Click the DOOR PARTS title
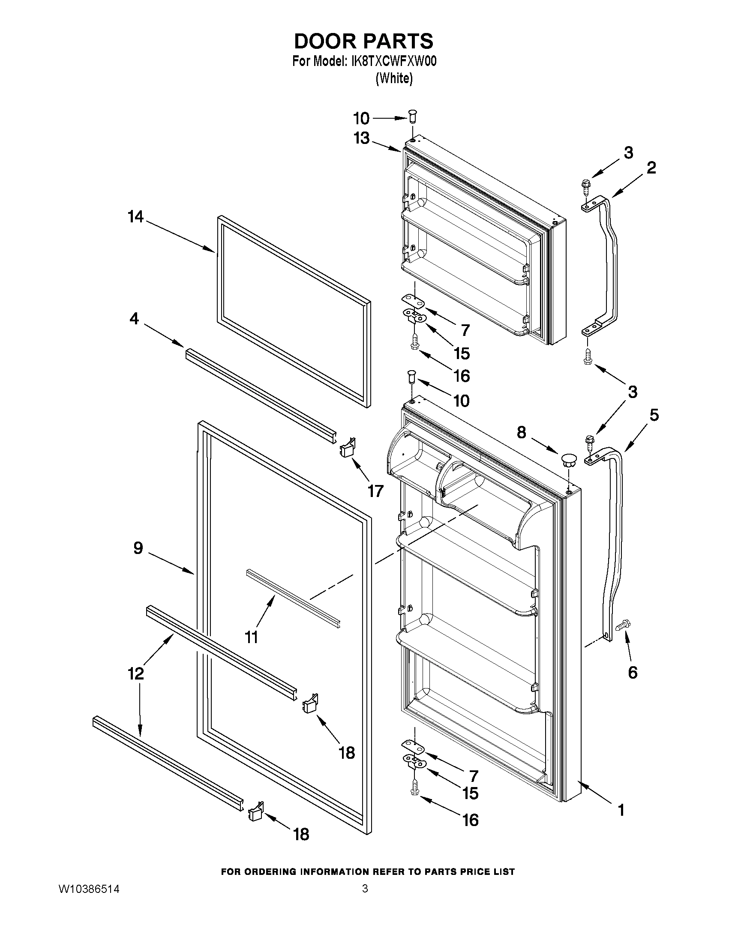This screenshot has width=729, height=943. (363, 41)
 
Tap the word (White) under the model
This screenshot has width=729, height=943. (394, 78)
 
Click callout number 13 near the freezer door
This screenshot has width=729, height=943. (361, 138)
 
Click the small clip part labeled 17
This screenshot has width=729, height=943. (347, 447)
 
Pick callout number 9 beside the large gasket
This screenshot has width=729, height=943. (138, 548)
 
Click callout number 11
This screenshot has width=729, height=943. (251, 636)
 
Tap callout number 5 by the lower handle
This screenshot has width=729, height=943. (654, 415)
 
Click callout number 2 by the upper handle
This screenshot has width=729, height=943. (651, 168)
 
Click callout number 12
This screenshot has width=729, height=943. (136, 673)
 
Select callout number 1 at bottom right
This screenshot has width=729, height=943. (621, 810)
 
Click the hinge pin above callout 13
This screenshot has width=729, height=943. (412, 116)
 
